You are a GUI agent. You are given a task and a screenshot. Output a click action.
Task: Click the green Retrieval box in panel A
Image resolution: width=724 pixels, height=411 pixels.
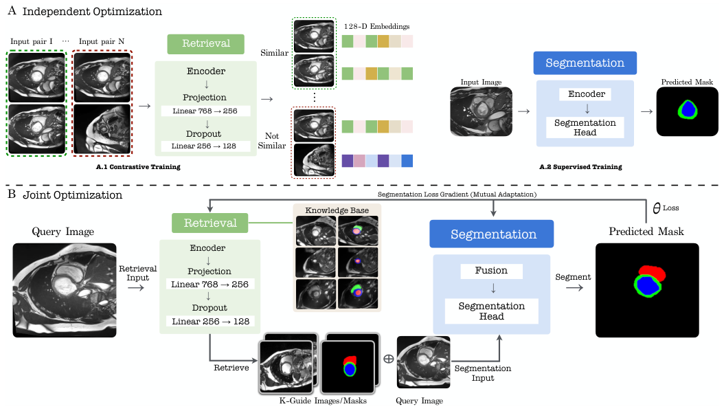point(205,44)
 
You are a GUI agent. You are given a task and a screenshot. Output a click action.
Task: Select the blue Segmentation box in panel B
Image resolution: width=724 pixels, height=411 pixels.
point(492,234)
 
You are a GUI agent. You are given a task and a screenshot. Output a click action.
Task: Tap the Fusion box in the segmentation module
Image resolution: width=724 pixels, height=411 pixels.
point(491,271)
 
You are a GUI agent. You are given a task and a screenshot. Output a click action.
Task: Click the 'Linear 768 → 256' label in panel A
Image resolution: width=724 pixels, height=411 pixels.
point(205,111)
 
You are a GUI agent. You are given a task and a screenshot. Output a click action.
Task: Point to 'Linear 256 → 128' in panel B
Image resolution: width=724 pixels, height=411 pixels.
point(211,321)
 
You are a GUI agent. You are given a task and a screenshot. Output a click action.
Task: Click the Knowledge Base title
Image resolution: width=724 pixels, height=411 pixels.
point(337,210)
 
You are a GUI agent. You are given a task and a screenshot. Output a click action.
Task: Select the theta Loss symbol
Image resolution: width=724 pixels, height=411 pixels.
point(666,208)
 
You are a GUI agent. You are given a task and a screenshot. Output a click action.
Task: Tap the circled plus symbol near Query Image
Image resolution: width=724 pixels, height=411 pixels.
point(389,359)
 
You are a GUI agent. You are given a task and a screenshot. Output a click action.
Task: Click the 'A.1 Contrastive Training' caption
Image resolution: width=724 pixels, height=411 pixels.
point(138,167)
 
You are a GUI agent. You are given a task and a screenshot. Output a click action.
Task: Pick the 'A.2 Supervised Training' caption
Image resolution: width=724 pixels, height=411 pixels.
point(580,167)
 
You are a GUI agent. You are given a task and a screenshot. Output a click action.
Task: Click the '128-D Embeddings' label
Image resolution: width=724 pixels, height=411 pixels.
point(377,26)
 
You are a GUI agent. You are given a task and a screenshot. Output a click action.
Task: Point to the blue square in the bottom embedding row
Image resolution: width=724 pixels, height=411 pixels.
point(407,161)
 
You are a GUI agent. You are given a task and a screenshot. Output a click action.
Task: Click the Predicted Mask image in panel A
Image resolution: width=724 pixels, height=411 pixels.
point(687,111)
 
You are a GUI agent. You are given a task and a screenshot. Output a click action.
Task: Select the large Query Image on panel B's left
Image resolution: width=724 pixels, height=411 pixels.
point(65,290)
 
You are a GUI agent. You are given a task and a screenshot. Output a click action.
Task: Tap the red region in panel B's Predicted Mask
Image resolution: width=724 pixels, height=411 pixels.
point(653,272)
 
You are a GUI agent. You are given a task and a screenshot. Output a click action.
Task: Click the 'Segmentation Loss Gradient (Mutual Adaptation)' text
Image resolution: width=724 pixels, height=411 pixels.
point(457,195)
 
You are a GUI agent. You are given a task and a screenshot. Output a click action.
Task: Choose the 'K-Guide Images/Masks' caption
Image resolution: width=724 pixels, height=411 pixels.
point(323,401)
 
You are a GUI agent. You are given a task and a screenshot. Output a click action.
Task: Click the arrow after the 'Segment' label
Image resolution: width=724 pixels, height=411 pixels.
point(574,288)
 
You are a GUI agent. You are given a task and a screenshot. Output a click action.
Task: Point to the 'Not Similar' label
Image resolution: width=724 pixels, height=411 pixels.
point(271,141)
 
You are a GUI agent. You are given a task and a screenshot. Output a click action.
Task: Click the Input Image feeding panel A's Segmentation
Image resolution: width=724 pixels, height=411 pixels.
point(481,112)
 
